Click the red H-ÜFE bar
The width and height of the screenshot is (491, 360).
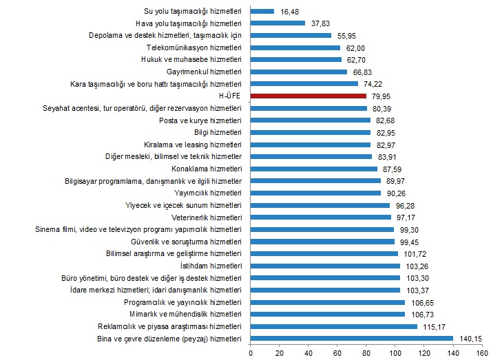click(308, 96)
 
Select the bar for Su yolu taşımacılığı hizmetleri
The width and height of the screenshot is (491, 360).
click(262, 11)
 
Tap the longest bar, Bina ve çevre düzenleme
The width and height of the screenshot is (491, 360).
click(351, 339)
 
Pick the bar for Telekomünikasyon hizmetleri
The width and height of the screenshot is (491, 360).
click(295, 47)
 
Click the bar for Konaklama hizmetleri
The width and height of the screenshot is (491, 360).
click(313, 169)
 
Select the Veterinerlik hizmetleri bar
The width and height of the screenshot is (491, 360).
click(320, 218)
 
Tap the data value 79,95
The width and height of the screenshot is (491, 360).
click(381, 96)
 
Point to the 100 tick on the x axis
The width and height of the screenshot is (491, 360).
click(395, 352)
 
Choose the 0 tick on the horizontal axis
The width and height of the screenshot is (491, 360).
click(251, 352)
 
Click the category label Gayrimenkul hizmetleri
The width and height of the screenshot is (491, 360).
click(204, 72)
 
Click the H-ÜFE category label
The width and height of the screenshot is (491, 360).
click(228, 96)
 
